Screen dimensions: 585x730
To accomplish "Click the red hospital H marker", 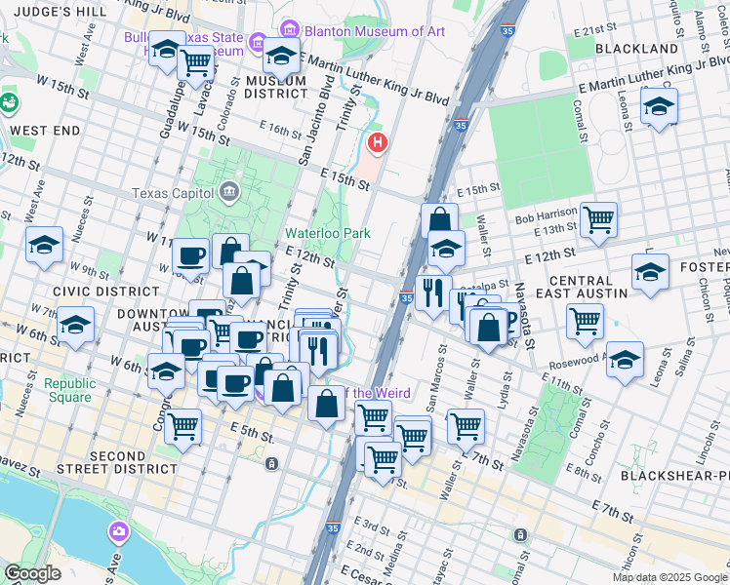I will point(378,144).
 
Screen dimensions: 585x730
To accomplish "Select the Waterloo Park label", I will point(328,234).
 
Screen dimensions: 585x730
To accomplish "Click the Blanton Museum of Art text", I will point(375,31).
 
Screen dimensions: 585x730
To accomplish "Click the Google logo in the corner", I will point(32,573).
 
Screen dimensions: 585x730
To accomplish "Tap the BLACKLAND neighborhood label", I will point(636,48).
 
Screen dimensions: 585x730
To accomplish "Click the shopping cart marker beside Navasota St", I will point(585,320).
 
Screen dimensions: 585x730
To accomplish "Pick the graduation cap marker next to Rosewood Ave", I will point(625,358).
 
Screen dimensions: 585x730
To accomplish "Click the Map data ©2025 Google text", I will point(669,577).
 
